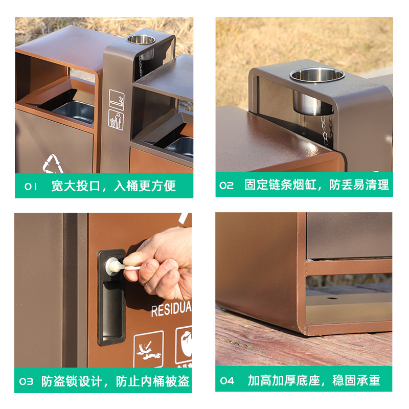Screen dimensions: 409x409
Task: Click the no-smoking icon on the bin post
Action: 117,99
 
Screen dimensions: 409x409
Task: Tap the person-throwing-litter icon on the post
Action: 116,120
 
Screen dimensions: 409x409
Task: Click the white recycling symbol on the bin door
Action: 53,164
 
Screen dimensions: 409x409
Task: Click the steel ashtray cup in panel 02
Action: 316,89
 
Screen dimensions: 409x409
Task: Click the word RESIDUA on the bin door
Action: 171,309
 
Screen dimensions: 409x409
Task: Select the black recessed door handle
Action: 111,298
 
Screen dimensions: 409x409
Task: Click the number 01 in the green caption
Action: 31,186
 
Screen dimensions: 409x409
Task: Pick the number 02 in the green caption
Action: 226,185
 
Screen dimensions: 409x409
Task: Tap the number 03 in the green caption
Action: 26,381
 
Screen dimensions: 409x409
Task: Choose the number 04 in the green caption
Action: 227,381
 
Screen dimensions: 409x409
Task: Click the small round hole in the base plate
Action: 332,298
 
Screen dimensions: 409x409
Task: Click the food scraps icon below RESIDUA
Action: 149,349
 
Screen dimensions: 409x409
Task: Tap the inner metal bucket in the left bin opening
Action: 74,111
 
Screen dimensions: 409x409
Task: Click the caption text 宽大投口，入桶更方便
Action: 113,186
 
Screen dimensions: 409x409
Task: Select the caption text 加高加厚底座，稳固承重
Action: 314,380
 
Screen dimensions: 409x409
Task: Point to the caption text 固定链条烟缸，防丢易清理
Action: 316,185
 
